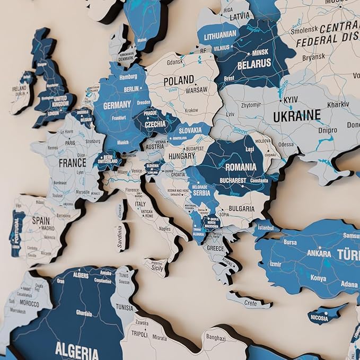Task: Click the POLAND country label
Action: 178,81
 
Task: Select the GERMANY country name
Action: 117,106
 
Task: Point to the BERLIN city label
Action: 131,89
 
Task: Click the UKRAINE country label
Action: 296,115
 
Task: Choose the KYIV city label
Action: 291,100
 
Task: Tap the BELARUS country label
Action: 254,64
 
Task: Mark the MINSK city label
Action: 260,53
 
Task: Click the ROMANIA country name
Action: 240,167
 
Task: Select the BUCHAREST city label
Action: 233,180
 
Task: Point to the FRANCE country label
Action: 72,163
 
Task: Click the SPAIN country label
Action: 40,220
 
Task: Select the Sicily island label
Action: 158,268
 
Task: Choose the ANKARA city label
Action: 320,253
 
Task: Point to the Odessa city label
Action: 285,144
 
